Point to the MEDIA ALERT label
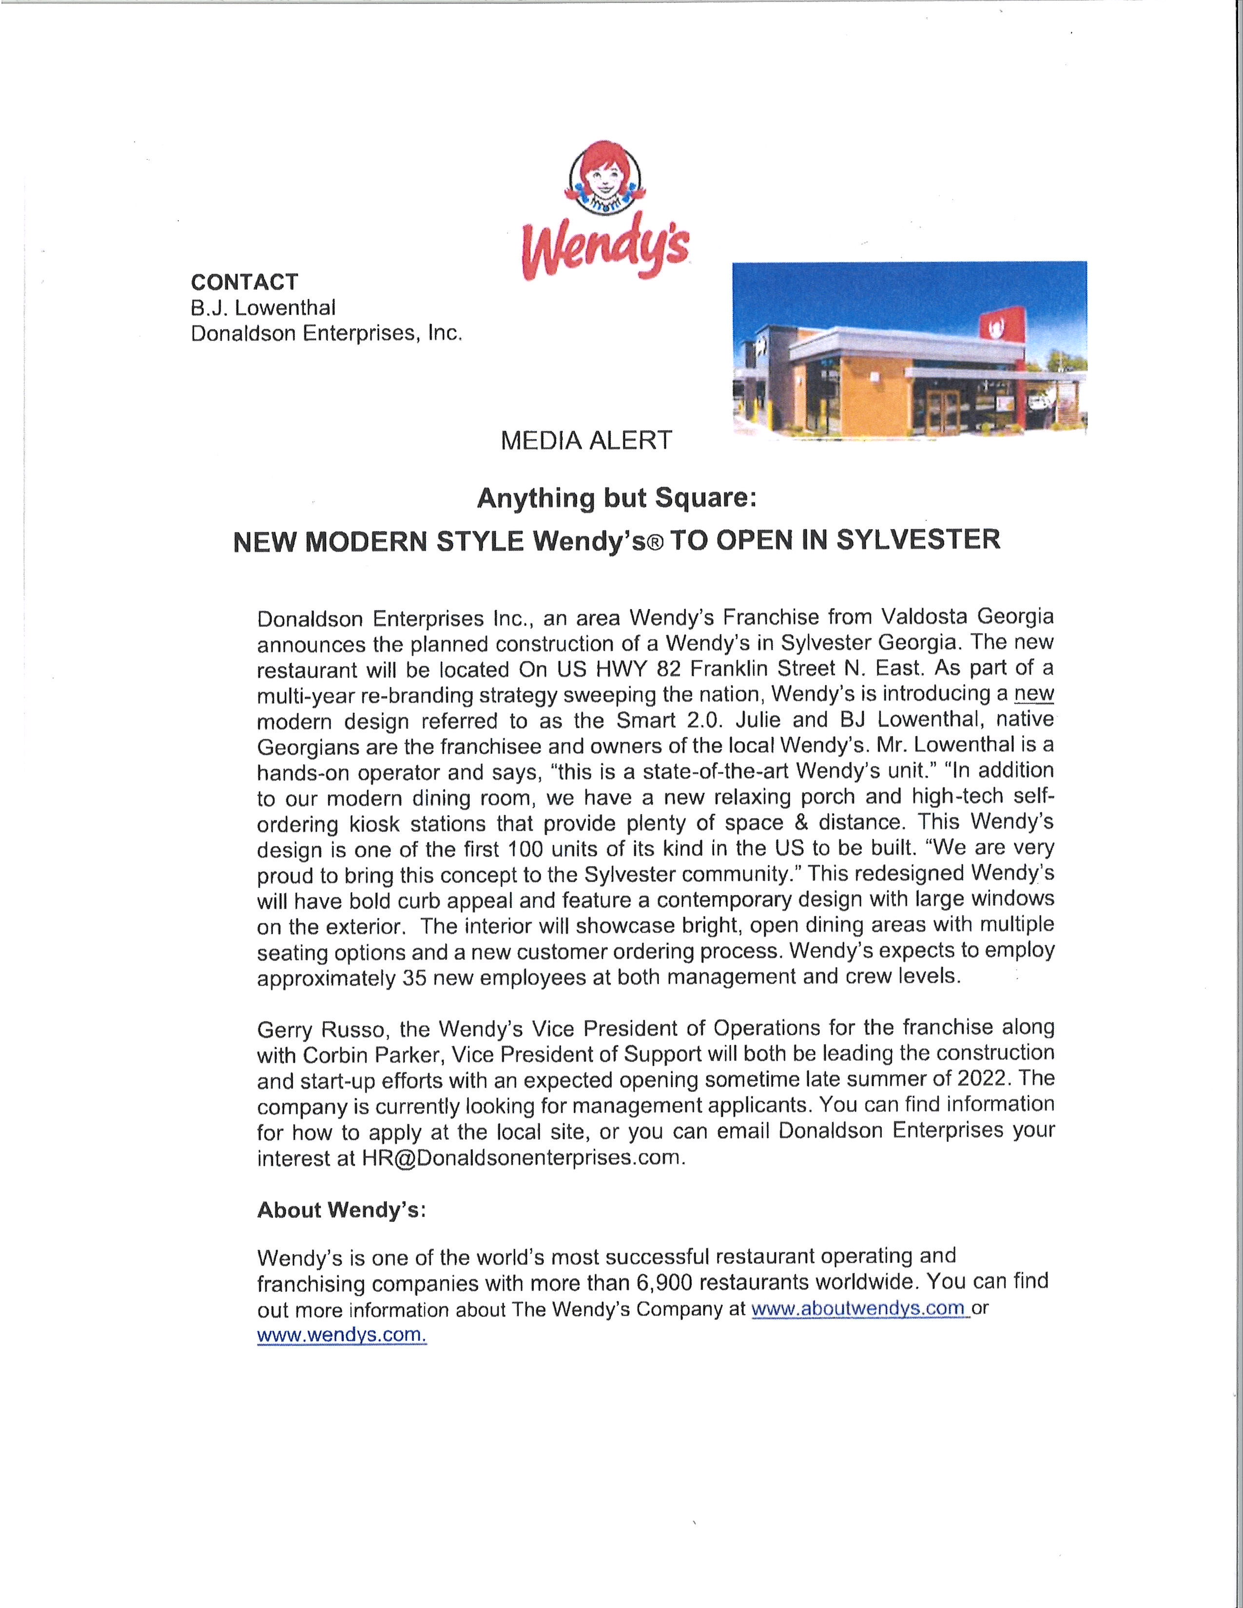(586, 440)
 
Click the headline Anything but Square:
(617, 498)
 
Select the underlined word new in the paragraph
(1034, 693)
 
